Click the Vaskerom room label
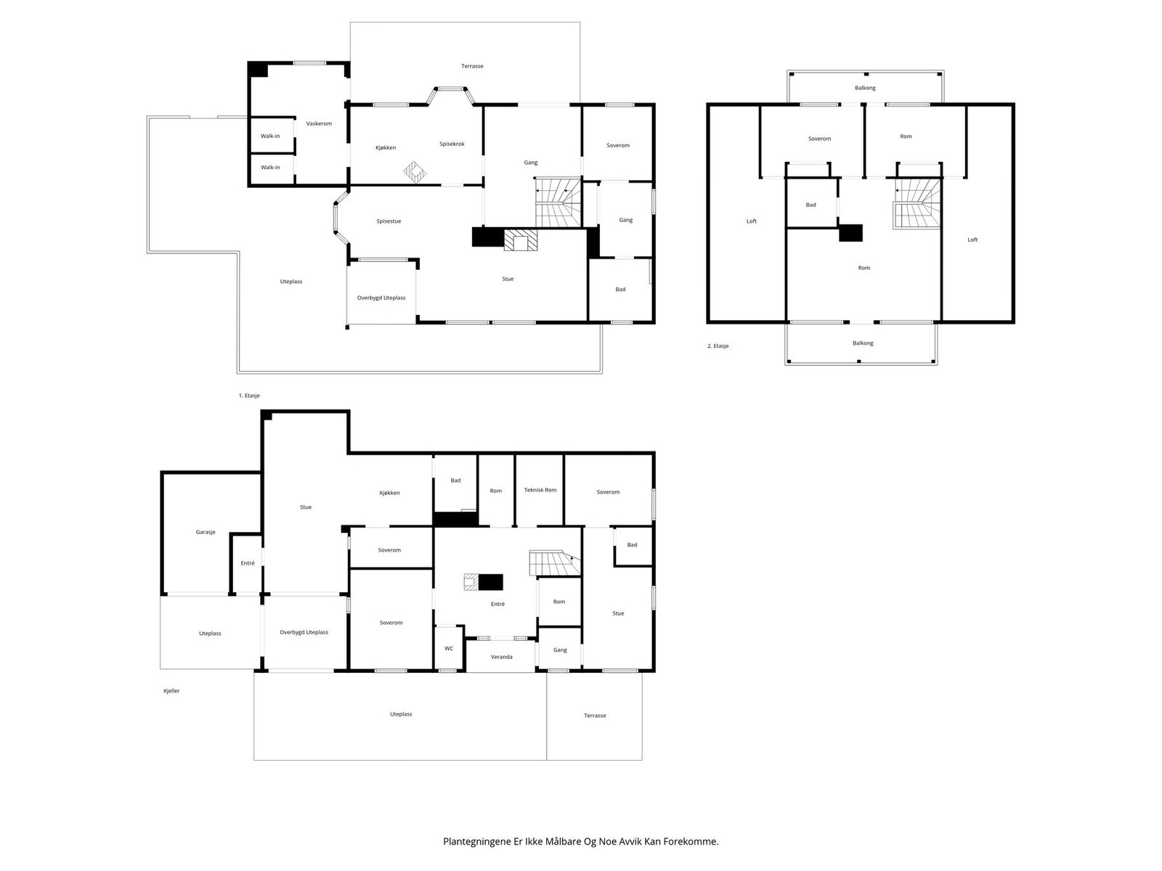(319, 123)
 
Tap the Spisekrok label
(452, 144)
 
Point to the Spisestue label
(389, 221)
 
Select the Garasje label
(206, 532)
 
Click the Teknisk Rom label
(540, 490)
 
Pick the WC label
(448, 648)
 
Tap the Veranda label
(501, 657)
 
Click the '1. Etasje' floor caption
(249, 396)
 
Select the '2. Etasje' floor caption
(718, 346)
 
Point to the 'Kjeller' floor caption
(171, 691)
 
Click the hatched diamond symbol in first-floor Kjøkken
(415, 172)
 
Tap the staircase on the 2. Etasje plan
(917, 203)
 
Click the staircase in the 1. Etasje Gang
(558, 203)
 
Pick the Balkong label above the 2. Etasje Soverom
(865, 88)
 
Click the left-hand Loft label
(751, 221)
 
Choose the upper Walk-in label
(270, 136)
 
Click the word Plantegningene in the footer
(477, 841)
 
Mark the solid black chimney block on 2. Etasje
(850, 233)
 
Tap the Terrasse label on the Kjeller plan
(595, 716)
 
